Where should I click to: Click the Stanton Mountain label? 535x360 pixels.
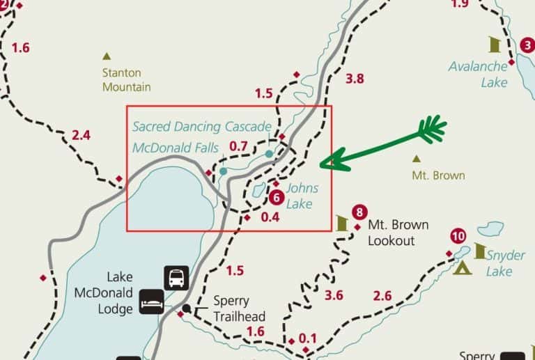(126, 80)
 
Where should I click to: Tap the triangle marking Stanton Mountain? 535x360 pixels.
(107, 56)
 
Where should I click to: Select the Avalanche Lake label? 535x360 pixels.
(479, 75)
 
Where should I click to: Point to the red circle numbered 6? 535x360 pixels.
(274, 197)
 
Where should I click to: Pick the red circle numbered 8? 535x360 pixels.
(359, 212)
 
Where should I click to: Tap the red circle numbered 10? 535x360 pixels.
(458, 235)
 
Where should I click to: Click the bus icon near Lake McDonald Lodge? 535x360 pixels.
(176, 277)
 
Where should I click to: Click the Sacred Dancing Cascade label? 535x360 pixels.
(201, 127)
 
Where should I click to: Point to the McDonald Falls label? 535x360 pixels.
(175, 147)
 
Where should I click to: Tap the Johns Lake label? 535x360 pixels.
(302, 196)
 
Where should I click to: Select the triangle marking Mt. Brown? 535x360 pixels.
(417, 158)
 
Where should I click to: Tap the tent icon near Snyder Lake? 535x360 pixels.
(461, 267)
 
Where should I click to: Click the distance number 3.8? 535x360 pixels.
(355, 79)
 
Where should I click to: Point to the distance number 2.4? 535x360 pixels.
(81, 135)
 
